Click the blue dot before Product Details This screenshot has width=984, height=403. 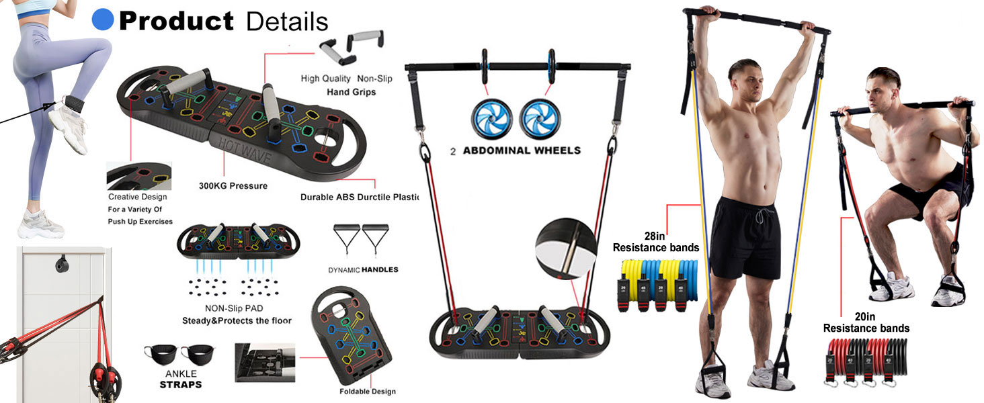click(102, 19)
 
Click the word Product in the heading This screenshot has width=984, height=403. click(176, 21)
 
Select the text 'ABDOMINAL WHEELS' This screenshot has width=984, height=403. click(522, 150)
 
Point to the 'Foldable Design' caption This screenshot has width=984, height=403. click(368, 391)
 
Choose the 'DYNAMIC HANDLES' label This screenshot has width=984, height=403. click(363, 269)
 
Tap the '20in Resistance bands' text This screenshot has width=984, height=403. click(866, 322)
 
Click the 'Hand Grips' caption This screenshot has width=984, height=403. click(351, 91)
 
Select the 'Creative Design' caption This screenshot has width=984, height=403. click(138, 197)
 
